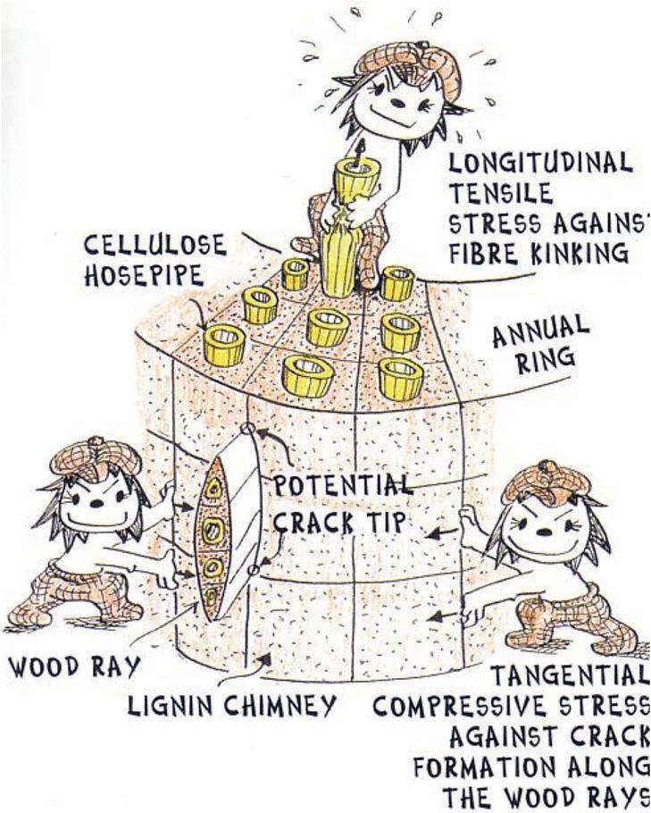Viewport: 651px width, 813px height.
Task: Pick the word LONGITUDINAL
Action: pos(540,163)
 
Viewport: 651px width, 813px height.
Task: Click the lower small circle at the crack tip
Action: pos(255,568)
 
